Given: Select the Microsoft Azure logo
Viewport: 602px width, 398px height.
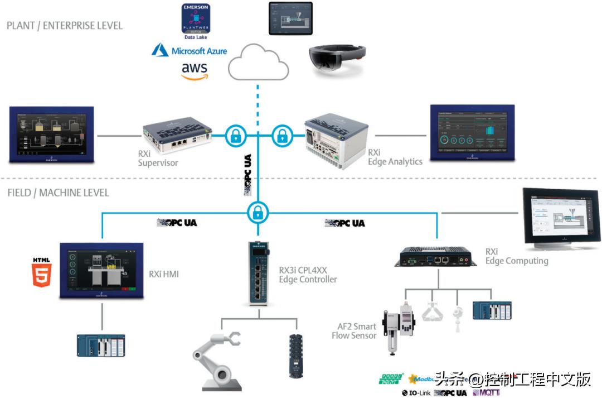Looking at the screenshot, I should pyautogui.click(x=190, y=51).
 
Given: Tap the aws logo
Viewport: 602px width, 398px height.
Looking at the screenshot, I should pyautogui.click(x=194, y=70).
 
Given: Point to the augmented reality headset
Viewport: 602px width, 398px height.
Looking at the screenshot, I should pyautogui.click(x=337, y=59).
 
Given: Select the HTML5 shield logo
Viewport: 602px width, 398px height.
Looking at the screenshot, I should pyautogui.click(x=42, y=272).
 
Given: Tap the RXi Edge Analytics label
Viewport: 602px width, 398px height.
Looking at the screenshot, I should pyautogui.click(x=395, y=157).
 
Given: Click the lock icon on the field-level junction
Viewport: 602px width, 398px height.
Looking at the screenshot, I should pyautogui.click(x=258, y=212).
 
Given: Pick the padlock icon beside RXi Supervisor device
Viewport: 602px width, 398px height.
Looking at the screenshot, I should pyautogui.click(x=236, y=135).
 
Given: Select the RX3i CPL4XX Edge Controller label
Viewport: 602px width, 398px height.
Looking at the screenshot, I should pyautogui.click(x=308, y=274).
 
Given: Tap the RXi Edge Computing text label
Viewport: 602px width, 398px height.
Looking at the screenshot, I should pyautogui.click(x=516, y=256).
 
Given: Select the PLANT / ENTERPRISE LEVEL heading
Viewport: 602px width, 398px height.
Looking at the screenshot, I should pyautogui.click(x=65, y=26).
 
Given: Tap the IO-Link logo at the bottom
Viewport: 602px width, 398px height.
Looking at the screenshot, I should pyautogui.click(x=416, y=392).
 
